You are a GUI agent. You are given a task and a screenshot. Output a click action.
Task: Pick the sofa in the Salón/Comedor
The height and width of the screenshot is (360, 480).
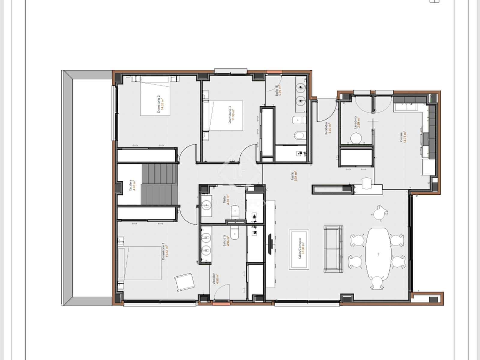click(x=333, y=249)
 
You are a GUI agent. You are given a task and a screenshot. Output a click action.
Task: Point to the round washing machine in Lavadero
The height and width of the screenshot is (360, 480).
click(x=356, y=139)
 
